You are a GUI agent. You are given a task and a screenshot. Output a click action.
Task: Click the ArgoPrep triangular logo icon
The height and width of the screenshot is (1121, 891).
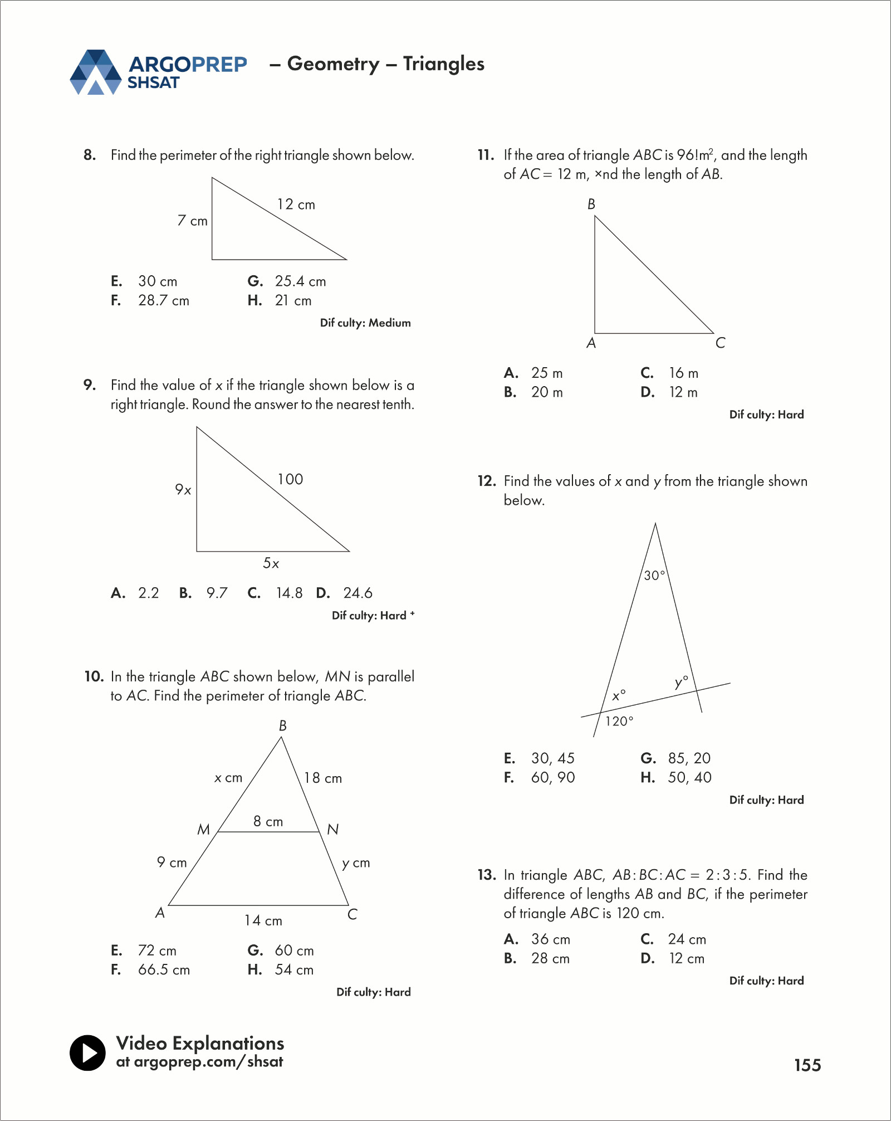point(95,72)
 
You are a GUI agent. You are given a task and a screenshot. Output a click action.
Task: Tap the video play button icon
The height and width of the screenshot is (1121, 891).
point(87,1052)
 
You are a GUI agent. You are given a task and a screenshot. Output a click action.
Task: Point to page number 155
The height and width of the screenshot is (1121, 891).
point(807,1065)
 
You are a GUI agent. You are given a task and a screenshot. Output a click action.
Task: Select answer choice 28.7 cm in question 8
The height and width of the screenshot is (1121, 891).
point(163,301)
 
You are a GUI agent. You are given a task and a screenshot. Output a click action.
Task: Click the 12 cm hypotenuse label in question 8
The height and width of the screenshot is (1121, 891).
point(296,204)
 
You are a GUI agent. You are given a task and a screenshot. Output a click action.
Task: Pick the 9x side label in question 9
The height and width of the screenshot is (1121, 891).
point(183,490)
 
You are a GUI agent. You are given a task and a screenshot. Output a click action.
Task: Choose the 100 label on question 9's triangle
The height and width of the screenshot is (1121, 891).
point(290,479)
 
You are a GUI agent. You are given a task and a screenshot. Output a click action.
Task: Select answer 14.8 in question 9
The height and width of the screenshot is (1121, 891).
point(289,593)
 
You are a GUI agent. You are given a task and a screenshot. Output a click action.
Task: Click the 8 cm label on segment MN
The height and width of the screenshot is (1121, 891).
point(268,821)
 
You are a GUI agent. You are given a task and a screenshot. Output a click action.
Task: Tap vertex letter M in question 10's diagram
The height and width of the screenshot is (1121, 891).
point(204,830)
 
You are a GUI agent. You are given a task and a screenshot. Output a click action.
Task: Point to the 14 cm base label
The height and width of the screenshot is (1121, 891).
point(263,920)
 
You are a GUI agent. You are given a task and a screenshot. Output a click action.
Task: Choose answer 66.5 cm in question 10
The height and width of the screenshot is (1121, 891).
point(164,970)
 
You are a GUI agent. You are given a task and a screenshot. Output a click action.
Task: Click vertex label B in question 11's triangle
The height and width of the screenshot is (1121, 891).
point(591,204)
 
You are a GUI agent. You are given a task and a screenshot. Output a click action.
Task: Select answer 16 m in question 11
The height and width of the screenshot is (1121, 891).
point(683,373)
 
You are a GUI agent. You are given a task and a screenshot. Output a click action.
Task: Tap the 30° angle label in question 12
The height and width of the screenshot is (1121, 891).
point(654,576)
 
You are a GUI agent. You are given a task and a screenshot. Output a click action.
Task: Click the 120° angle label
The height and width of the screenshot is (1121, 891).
point(619,722)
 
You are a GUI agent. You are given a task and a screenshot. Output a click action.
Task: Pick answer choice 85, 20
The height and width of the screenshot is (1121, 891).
point(689,758)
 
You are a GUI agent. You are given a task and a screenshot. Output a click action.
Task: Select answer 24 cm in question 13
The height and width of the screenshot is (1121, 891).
point(687,939)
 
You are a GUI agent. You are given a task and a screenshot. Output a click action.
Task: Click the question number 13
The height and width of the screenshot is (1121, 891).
point(486,875)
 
